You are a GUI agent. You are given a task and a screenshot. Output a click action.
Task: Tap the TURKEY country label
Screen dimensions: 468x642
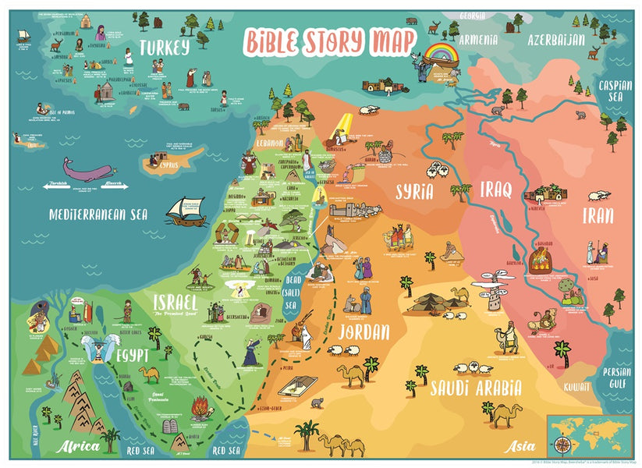click(164, 48)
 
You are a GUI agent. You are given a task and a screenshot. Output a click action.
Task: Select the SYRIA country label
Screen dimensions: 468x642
click(414, 192)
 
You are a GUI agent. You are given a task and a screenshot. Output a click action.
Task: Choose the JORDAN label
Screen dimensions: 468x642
click(363, 332)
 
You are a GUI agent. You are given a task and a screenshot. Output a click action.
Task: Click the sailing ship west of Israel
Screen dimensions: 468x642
click(186, 211)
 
